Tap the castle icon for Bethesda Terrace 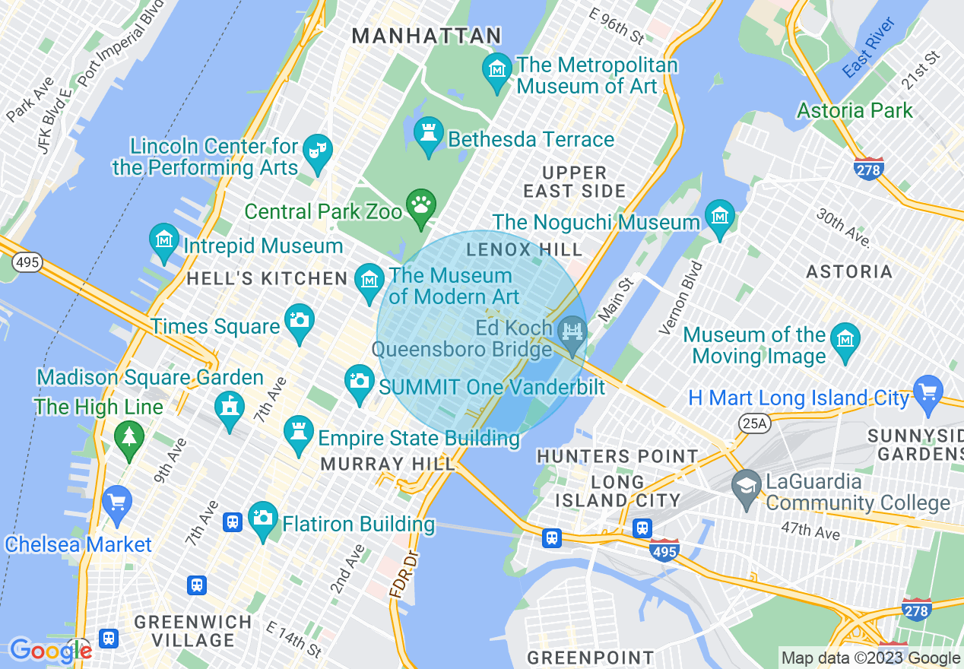(x=429, y=135)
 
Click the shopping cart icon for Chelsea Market (x=117, y=503)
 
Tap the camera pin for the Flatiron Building (x=263, y=520)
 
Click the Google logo (x=50, y=651)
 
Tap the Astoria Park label (x=855, y=110)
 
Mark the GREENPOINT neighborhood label (x=590, y=657)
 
